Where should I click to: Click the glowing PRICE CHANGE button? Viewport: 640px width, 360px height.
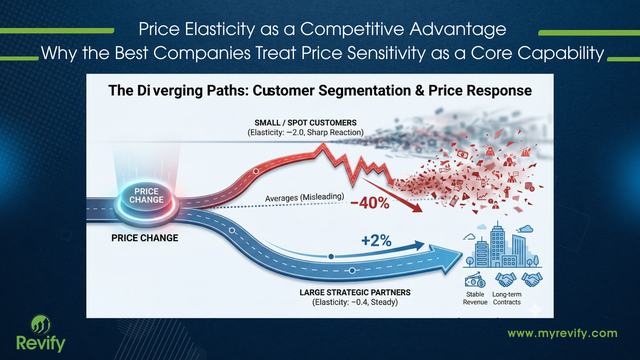[146, 196]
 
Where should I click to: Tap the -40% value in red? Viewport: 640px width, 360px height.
[370, 203]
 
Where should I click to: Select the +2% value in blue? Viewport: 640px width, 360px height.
[376, 240]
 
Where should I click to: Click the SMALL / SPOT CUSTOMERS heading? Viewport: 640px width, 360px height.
[305, 123]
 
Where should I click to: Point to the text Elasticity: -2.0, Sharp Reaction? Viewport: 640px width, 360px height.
[305, 133]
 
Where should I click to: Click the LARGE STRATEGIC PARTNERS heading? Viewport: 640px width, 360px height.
[355, 292]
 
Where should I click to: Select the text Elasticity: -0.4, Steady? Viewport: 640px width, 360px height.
[355, 302]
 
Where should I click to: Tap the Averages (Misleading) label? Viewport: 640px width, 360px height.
[304, 197]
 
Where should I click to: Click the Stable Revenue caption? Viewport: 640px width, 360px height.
[475, 298]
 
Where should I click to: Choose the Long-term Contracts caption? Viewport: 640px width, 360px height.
[507, 298]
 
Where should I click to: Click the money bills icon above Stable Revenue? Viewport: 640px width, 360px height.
[475, 280]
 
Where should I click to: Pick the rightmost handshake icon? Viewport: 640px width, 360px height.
[532, 279]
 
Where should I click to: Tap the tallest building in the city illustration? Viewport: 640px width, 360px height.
[497, 245]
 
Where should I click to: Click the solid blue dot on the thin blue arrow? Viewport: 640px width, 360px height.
[331, 256]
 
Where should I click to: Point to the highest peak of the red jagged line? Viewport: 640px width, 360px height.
[323, 144]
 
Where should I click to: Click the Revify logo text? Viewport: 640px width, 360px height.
[41, 343]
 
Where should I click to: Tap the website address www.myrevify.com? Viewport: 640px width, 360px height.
[562, 333]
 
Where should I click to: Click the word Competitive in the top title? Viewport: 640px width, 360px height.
[352, 29]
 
